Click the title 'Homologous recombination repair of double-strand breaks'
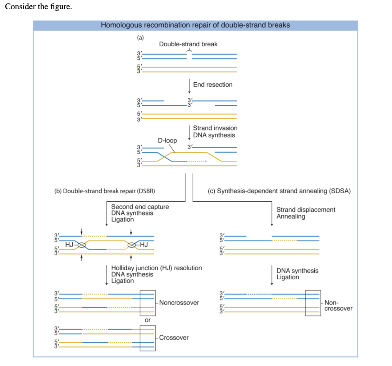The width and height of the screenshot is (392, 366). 195,25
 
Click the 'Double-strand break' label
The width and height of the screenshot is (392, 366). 188,44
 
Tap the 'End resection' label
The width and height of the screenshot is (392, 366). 212,85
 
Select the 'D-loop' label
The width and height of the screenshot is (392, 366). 167,141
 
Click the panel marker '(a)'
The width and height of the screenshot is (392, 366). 140,38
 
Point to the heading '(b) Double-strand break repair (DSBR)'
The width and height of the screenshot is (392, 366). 105,191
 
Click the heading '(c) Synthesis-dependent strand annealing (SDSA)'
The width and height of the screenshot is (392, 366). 279,191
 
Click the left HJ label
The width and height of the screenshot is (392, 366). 69,244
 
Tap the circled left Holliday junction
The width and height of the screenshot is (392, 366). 81,245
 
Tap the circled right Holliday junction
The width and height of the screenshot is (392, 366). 132,245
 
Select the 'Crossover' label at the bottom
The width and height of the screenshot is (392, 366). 174,338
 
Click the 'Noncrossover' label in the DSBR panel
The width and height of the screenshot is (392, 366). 179,303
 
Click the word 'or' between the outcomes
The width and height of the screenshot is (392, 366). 147,320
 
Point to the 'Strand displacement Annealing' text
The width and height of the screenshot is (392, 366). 305,213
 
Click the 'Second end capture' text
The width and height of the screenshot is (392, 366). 140,207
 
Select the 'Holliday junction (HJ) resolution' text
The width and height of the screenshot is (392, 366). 156,268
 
